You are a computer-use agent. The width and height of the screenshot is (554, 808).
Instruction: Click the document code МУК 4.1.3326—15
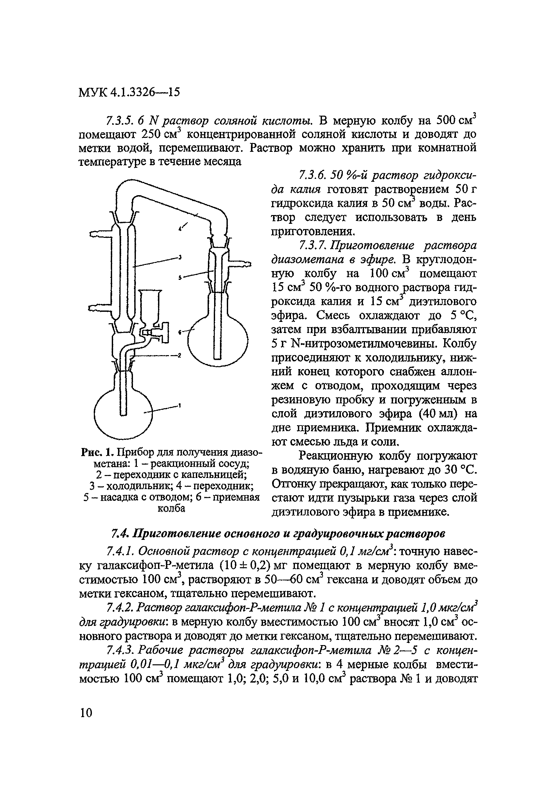tap(129, 92)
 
